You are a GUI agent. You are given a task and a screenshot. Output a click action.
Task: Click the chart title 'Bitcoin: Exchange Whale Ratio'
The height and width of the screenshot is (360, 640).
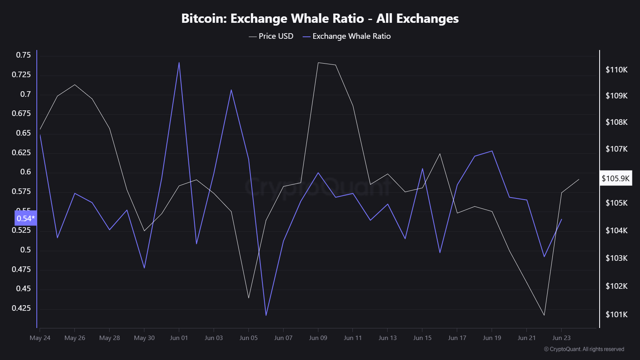point(320,18)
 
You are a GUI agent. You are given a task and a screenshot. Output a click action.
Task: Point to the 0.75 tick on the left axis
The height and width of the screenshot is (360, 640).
point(23,55)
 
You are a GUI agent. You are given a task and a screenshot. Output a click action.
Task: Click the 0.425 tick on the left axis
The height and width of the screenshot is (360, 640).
point(21,308)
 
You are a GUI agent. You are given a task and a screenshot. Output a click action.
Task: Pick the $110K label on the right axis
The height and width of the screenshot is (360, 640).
point(616,70)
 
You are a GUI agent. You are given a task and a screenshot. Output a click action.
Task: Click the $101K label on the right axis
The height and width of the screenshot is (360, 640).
point(616,314)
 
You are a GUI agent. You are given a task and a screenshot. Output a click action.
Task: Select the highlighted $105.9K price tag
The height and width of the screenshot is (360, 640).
point(616,178)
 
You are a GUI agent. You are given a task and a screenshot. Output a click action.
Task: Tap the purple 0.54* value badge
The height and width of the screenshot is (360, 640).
point(26,218)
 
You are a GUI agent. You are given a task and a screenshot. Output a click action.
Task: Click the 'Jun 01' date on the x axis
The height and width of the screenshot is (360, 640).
point(179,338)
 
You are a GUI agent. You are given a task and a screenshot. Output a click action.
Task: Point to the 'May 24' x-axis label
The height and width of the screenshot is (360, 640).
point(40,338)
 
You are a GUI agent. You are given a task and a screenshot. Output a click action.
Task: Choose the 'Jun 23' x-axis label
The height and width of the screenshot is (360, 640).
point(561,338)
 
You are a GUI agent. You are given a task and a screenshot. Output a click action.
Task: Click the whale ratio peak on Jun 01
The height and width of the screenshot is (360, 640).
point(179,63)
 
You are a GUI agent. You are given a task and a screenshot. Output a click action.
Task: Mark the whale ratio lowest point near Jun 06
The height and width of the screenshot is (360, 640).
point(266,315)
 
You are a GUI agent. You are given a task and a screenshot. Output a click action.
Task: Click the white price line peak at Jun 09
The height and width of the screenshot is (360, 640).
point(318,63)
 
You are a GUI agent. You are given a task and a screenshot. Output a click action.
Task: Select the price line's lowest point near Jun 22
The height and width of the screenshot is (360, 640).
point(544,315)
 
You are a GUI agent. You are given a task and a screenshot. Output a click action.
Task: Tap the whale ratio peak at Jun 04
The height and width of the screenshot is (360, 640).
point(231,90)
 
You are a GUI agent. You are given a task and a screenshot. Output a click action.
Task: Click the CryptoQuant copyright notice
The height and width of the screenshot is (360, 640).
point(584,349)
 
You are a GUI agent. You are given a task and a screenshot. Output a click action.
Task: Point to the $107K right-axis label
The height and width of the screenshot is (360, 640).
point(616,149)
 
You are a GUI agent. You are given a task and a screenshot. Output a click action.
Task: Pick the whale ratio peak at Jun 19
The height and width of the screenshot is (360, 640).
point(492,151)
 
